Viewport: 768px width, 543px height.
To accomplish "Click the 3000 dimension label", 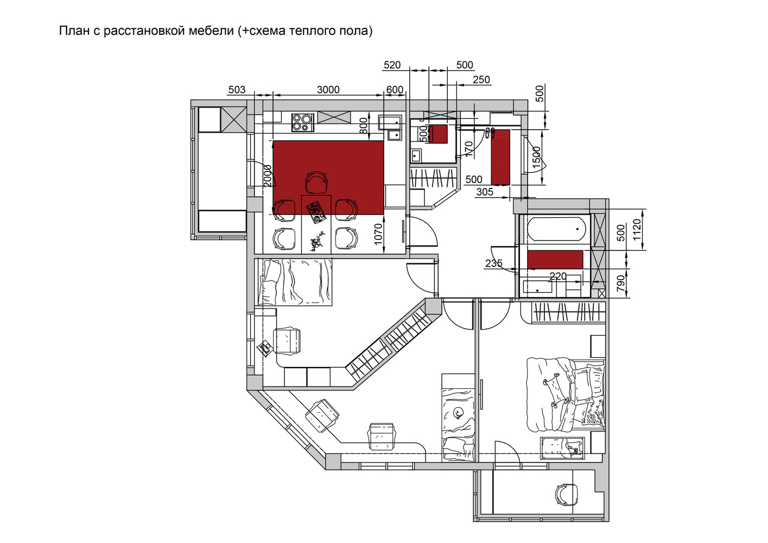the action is (328, 90).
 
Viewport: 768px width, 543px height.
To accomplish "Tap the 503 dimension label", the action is (237, 90).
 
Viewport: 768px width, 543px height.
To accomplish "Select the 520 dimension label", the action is (392, 65).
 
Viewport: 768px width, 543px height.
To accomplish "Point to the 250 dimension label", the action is (481, 80).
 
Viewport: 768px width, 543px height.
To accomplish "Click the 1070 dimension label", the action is (378, 234).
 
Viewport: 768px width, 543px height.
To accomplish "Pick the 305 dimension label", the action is (485, 192).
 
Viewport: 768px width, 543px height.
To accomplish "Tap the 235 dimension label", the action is (494, 263).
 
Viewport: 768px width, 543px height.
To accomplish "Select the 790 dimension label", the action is (621, 283).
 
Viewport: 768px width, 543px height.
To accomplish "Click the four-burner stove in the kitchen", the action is (303, 123).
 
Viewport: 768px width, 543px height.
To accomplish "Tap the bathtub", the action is (556, 229).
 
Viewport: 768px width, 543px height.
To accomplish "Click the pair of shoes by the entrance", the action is (490, 132).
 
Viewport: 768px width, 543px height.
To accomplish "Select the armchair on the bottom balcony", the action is (567, 494).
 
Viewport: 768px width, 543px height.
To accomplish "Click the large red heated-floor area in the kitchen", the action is (328, 178).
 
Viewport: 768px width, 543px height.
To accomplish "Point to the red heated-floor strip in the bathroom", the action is (555, 260).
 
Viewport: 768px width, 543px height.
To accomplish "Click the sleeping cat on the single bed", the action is (458, 413).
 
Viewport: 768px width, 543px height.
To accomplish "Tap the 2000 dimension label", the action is (268, 176).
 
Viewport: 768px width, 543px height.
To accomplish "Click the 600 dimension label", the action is (395, 90).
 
